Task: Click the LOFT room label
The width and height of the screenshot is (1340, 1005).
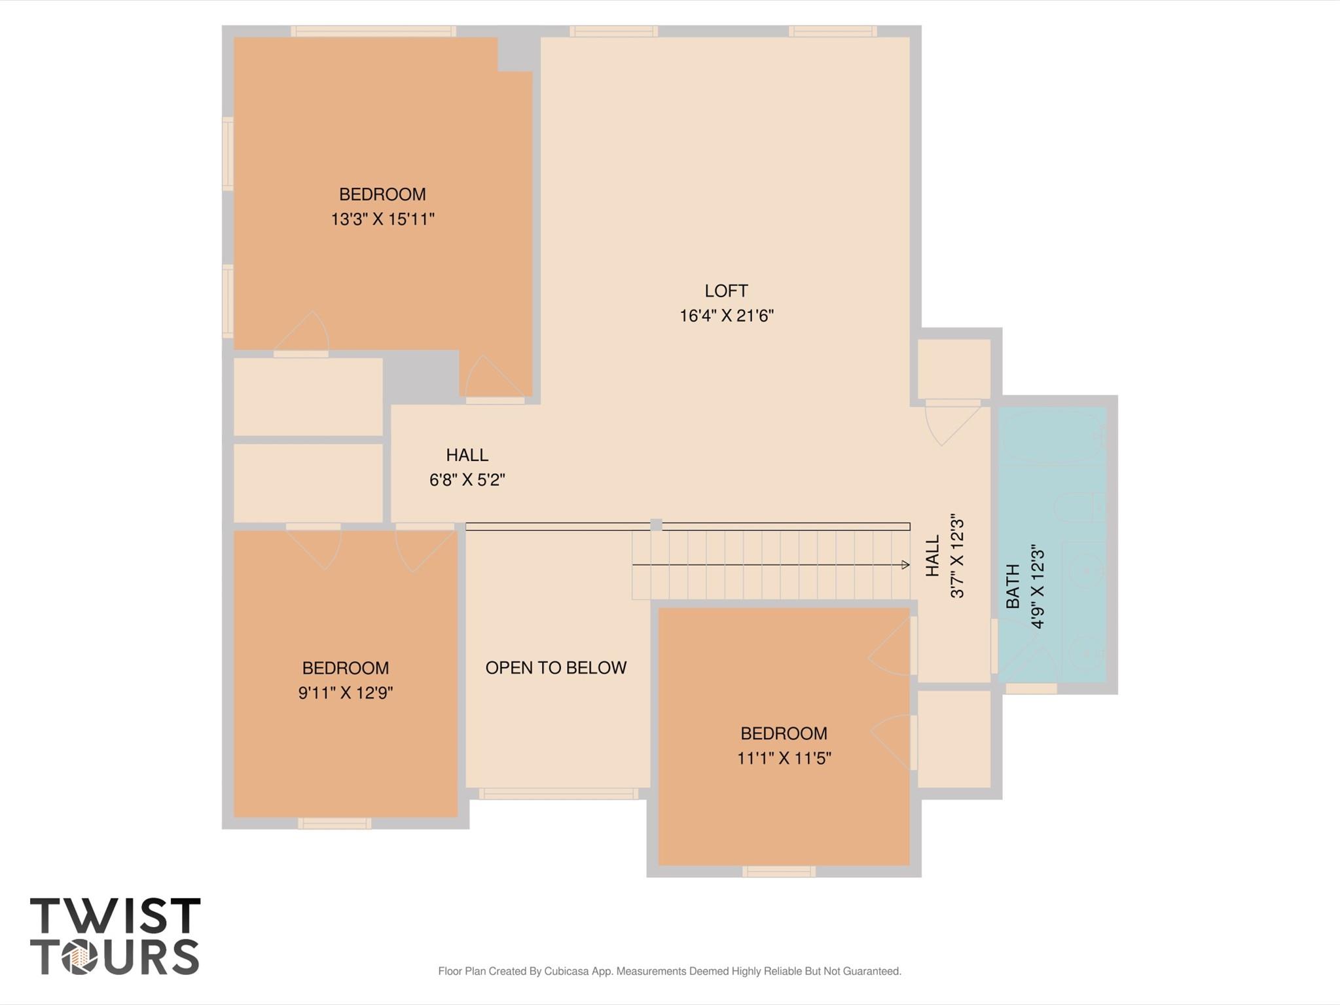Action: (726, 291)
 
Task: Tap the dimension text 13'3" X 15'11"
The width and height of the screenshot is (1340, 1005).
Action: (382, 219)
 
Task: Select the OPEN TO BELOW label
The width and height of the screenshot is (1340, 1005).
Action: (556, 668)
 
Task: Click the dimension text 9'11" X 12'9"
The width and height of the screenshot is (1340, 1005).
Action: (345, 693)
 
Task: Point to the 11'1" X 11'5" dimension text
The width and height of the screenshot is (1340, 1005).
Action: (784, 758)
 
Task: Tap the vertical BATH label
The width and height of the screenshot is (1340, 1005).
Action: (1013, 586)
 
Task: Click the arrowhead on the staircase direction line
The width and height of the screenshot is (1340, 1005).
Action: (905, 564)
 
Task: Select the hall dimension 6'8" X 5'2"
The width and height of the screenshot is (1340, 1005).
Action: (467, 480)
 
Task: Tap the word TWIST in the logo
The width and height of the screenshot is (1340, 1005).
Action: (115, 916)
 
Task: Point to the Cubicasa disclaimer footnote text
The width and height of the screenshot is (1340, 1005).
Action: (669, 971)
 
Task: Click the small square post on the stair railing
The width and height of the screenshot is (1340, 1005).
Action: (656, 524)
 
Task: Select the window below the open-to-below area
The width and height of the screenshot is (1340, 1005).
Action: (558, 794)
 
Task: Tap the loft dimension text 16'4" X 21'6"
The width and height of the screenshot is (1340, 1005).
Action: (726, 316)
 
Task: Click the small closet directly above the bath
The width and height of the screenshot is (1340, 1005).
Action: (953, 369)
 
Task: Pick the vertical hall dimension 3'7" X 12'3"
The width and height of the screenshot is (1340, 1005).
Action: (957, 556)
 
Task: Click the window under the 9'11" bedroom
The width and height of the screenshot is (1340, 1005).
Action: (335, 824)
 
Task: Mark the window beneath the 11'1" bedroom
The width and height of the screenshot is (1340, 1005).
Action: (778, 871)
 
